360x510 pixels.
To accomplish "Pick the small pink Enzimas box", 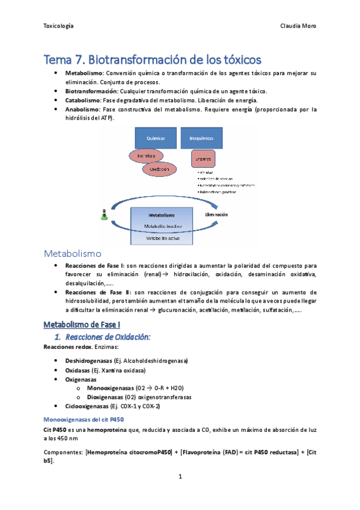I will pos(200,159).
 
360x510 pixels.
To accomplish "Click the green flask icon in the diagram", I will pos(105,214).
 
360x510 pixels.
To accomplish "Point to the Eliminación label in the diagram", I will pos(218,214).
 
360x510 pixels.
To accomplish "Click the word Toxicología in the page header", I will pos(59,26).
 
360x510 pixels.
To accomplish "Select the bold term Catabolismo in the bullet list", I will pos(83,100).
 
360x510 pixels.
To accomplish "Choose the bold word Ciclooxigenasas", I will pos(87,407).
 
